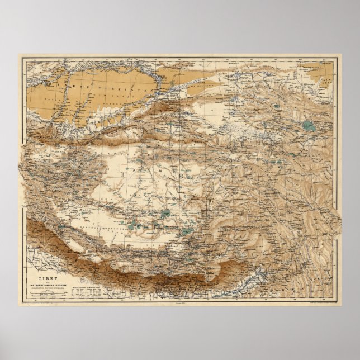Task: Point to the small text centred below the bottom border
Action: (179, 304)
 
